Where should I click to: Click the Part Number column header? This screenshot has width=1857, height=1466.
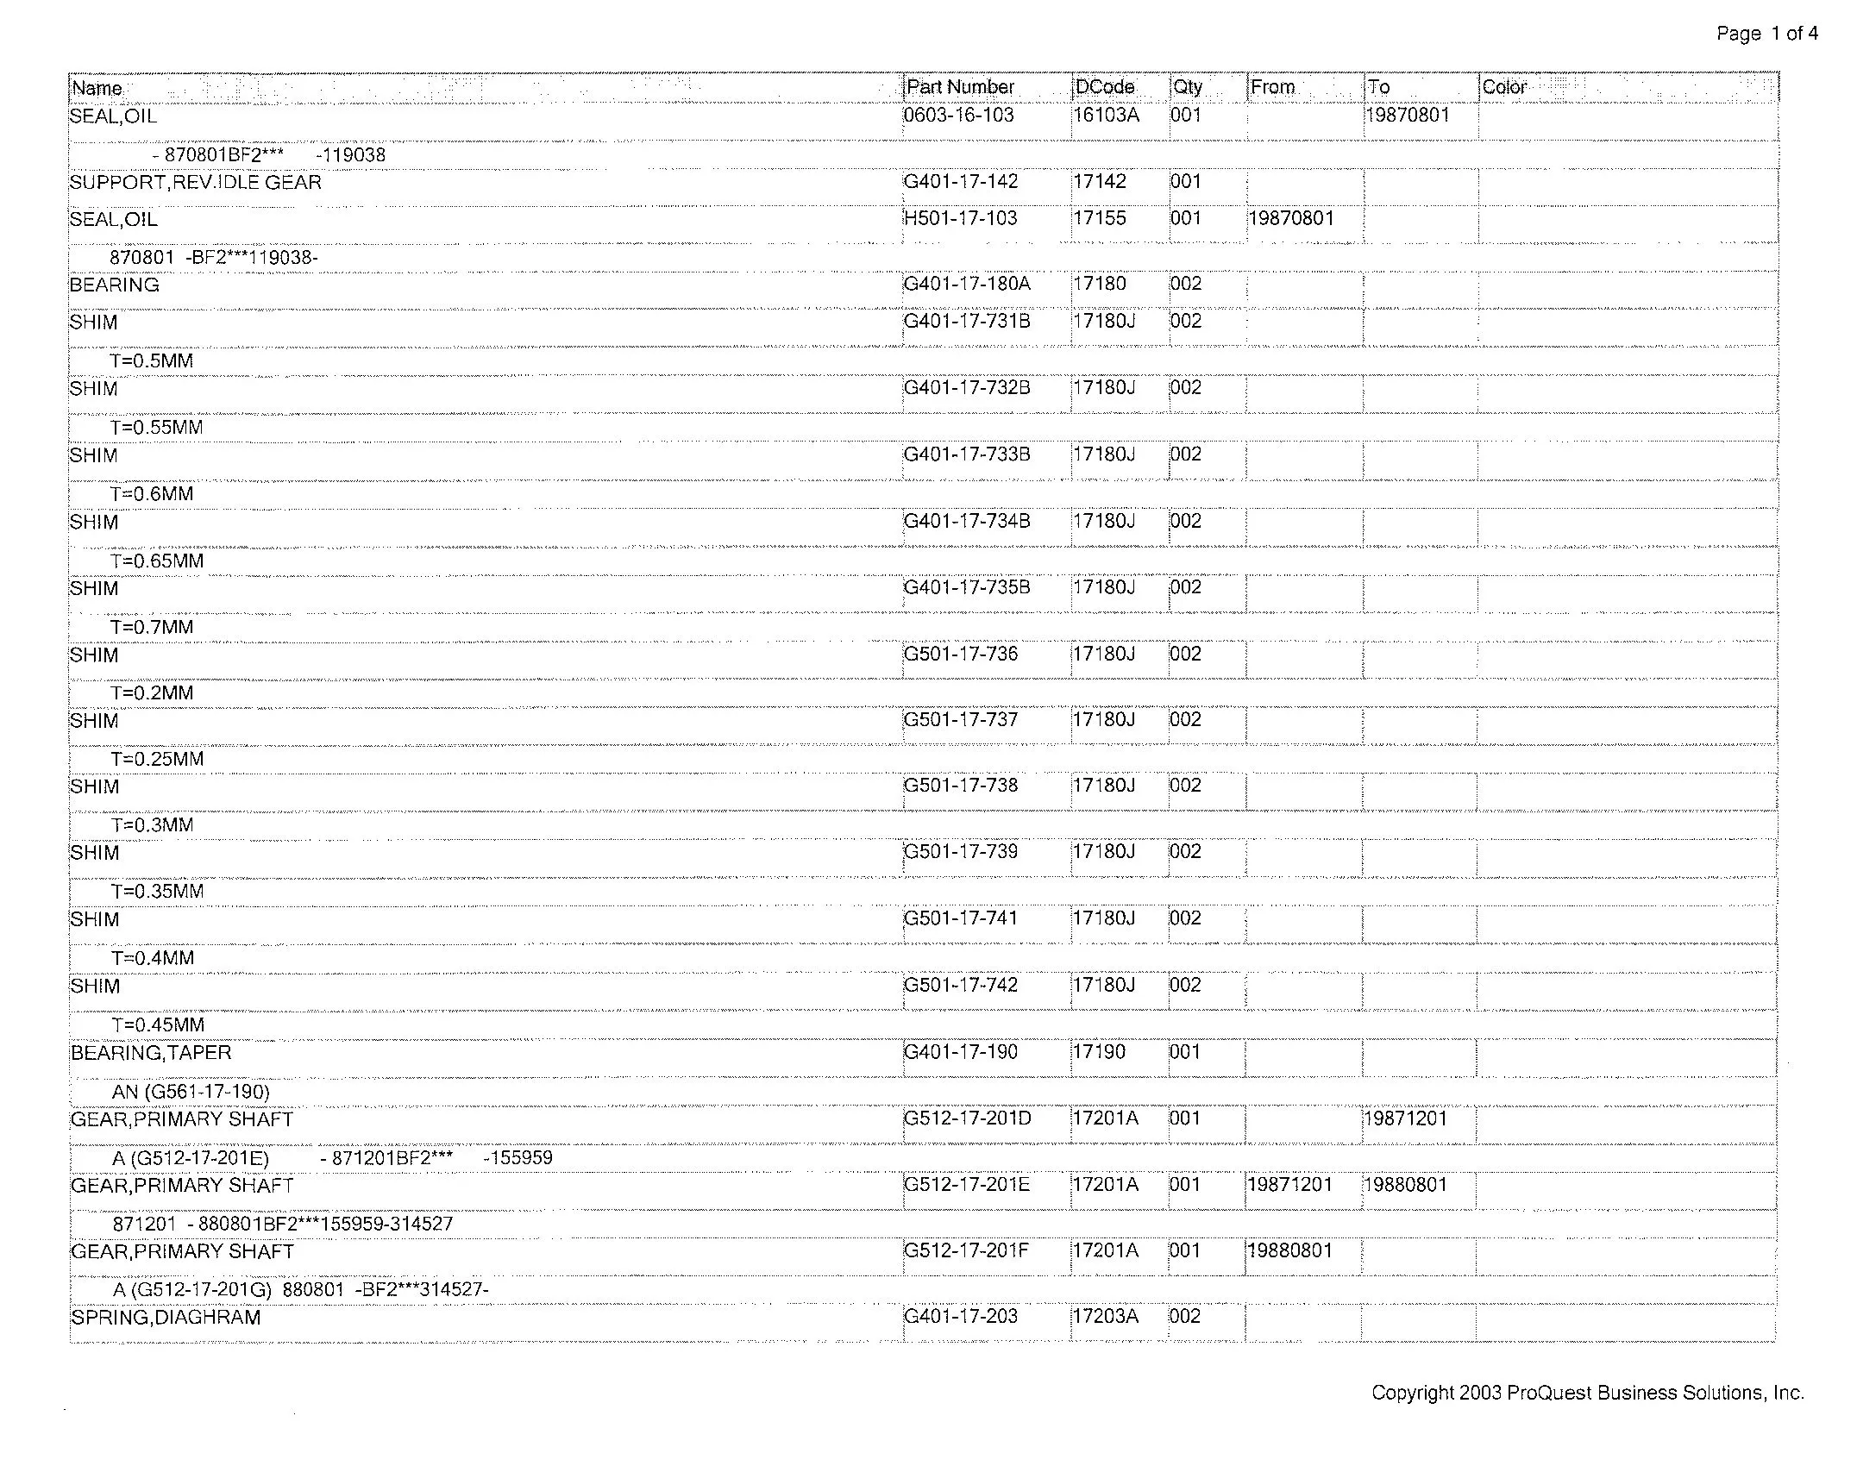960,87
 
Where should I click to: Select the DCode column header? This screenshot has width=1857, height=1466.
1105,87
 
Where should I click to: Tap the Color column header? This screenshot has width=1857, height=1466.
1504,87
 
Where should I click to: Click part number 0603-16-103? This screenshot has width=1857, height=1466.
959,116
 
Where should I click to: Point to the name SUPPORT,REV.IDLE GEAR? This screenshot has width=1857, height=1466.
196,183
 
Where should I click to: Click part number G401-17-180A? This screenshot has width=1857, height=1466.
967,285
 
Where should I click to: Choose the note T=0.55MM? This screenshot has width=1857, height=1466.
156,428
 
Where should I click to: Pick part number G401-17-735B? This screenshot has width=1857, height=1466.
967,588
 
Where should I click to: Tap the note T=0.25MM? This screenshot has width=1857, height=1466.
157,760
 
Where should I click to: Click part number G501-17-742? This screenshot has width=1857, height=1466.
961,986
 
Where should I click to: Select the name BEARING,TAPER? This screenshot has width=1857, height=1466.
151,1053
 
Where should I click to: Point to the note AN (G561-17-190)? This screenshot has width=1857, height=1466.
191,1093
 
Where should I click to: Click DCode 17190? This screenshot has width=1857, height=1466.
1099,1053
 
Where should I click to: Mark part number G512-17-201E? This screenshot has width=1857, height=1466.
967,1185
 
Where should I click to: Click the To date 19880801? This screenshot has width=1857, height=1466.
1406,1185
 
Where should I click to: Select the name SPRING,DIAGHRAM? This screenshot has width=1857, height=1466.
166,1318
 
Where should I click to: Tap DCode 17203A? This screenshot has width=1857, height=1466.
1105,1317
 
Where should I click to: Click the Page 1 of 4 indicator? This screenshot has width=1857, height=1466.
1767,34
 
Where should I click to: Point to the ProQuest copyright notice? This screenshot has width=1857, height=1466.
1588,1393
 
